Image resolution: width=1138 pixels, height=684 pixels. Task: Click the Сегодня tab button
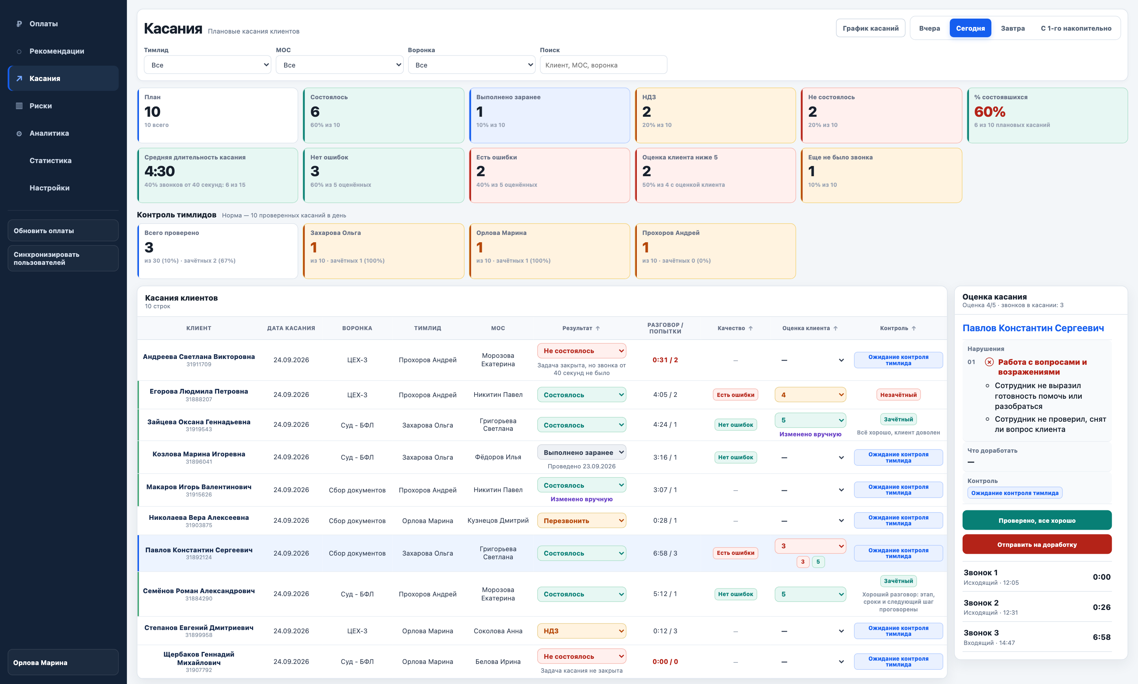click(x=970, y=28)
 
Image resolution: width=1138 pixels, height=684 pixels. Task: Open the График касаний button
click(x=870, y=28)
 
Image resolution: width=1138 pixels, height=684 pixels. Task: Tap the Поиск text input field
click(x=603, y=65)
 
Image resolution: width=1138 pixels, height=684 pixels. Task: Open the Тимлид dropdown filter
click(x=207, y=65)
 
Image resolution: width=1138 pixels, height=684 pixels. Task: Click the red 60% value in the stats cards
click(x=989, y=112)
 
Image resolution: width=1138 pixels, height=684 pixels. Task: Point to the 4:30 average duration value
click(x=159, y=171)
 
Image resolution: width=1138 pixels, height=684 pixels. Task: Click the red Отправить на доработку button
click(x=1037, y=544)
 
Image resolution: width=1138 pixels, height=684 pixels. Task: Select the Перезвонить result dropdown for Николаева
click(x=581, y=520)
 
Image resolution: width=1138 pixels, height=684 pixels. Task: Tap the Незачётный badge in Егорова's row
click(x=898, y=395)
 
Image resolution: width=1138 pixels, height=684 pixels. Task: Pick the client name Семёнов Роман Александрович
click(x=198, y=591)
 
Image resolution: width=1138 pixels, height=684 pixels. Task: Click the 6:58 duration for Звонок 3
click(x=1101, y=637)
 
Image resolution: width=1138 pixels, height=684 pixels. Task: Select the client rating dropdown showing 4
click(x=810, y=395)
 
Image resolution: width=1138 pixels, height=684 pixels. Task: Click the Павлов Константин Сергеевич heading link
click(x=1033, y=328)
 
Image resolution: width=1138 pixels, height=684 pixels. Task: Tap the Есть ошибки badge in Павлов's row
click(x=735, y=553)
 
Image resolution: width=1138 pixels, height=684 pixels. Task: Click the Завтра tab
click(x=1013, y=28)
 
